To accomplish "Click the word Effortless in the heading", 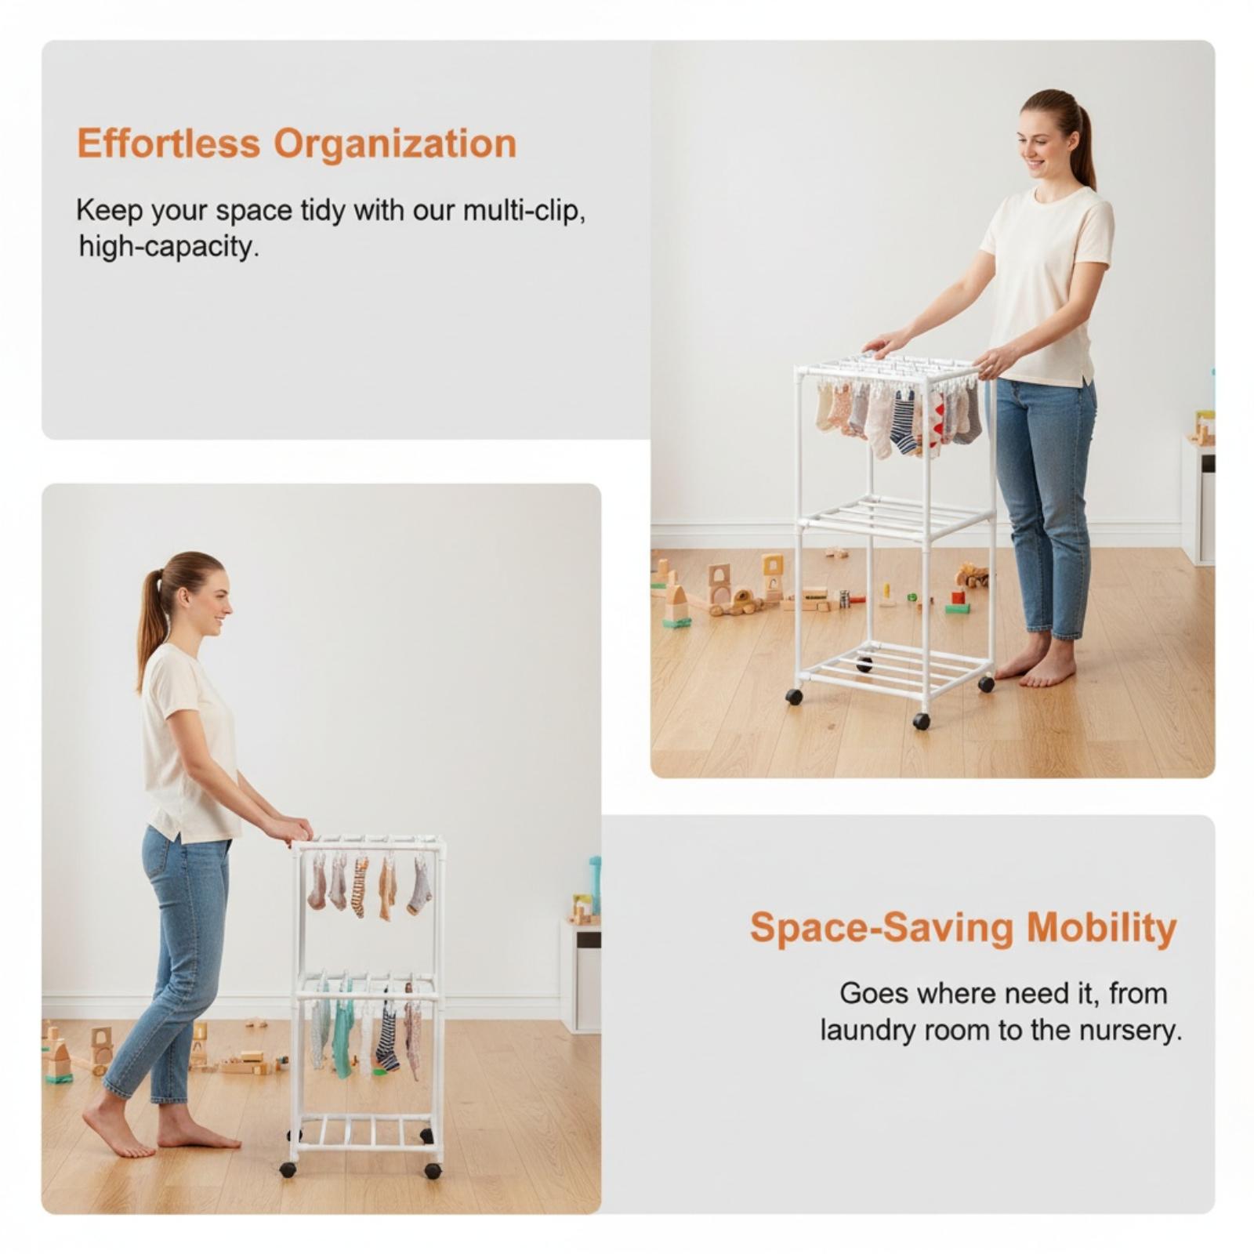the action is coord(168,144).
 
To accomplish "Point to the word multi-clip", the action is coord(524,212).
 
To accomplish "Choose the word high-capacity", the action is coord(169,248).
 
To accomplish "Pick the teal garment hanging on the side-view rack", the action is coord(343,1027).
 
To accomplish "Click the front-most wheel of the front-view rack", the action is coord(922,721).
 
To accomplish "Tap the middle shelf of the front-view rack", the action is coord(896,516).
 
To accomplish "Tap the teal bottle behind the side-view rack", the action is coord(595,885).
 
